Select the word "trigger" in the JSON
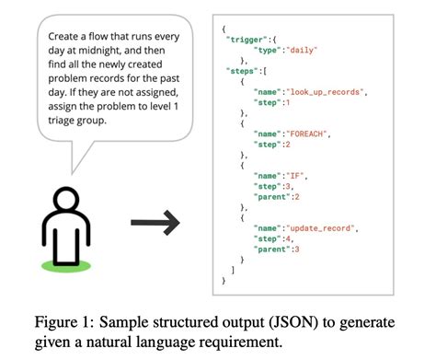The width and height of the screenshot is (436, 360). [x=247, y=43]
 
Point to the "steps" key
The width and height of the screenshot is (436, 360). [x=244, y=72]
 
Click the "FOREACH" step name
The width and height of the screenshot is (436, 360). [x=304, y=133]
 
